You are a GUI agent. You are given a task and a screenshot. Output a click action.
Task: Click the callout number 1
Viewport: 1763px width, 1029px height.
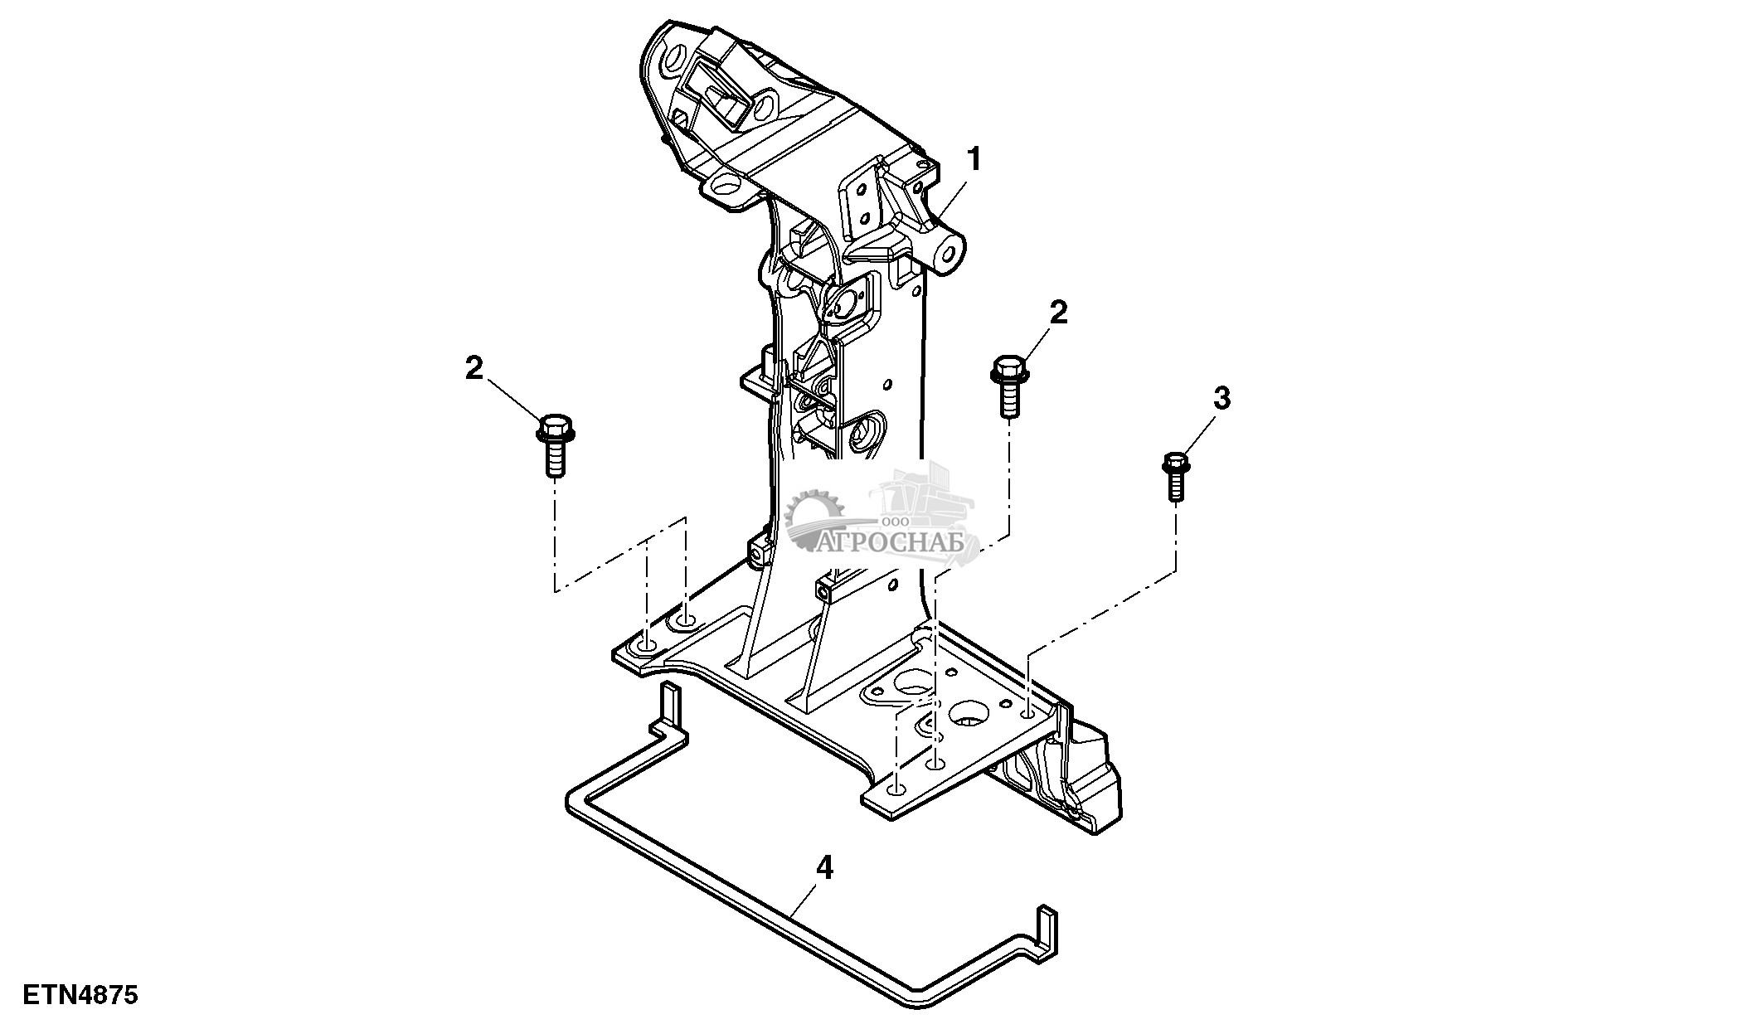(x=974, y=159)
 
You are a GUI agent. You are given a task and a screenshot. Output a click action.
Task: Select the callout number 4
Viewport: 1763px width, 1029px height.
(x=823, y=868)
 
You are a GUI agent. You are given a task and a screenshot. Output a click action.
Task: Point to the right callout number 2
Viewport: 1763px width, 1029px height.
(x=1058, y=313)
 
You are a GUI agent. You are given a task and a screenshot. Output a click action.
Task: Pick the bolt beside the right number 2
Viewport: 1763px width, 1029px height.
(x=1008, y=386)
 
